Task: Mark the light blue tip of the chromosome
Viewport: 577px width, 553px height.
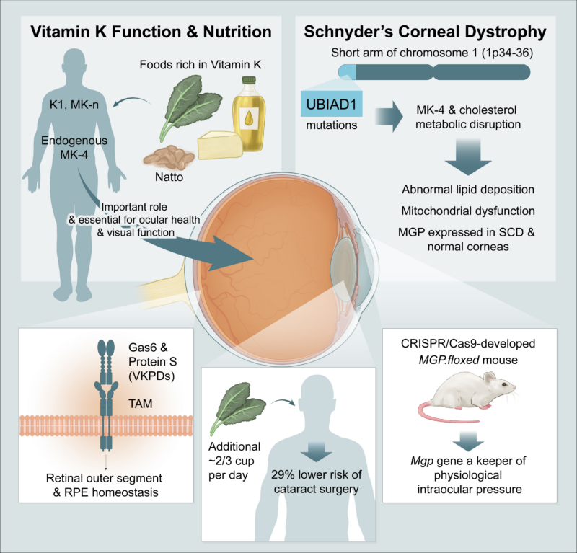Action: click(348, 72)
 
